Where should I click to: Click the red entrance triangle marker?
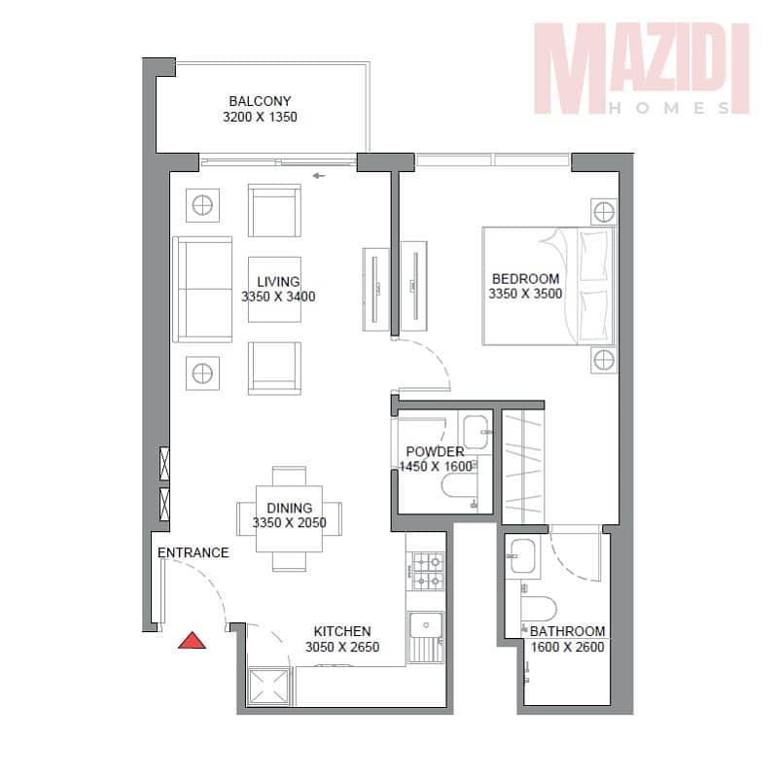192,641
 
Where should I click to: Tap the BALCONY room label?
260,101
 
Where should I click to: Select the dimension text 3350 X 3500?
525,294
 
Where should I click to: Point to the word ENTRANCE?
193,552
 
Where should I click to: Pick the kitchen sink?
426,637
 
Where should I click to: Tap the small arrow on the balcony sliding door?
319,176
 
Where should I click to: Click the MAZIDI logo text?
642,62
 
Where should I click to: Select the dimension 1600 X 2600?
567,647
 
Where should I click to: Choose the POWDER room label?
435,451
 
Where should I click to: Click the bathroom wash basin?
522,556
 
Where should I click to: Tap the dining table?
289,519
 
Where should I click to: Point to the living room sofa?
202,289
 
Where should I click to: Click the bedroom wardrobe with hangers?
522,466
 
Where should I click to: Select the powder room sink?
476,431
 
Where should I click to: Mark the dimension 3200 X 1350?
260,117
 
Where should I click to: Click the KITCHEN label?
342,631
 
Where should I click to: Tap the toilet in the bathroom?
539,609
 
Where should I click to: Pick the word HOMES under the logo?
670,108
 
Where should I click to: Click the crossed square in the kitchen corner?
268,687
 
